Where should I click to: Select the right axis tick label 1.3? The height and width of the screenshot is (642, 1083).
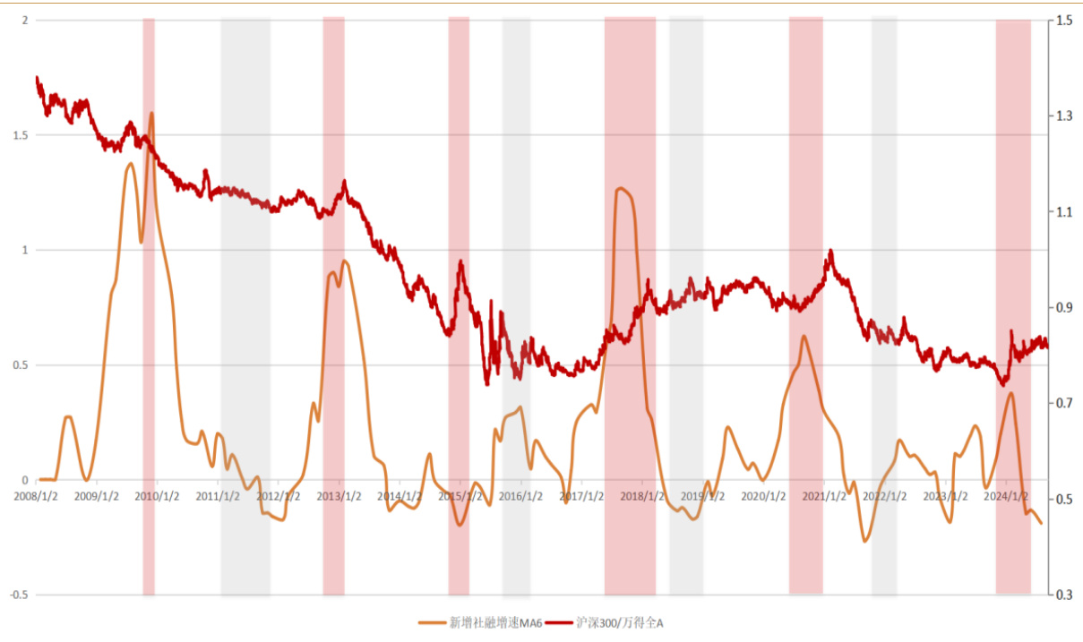(1064, 116)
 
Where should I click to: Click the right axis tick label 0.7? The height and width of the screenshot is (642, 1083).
(1064, 403)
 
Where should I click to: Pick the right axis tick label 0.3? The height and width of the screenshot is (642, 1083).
(1064, 595)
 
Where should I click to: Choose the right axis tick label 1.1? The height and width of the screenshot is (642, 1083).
(1064, 212)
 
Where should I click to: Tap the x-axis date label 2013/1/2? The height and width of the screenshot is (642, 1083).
(340, 495)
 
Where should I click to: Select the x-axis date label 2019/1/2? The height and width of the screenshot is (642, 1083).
(702, 495)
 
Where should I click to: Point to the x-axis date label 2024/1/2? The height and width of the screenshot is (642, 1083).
(1005, 495)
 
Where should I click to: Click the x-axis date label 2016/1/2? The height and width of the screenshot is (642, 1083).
(521, 495)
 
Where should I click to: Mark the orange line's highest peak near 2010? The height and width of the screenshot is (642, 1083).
(151, 113)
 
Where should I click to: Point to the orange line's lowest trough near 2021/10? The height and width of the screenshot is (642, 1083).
(865, 541)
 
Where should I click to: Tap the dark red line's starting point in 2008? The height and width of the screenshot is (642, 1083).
(37, 78)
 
